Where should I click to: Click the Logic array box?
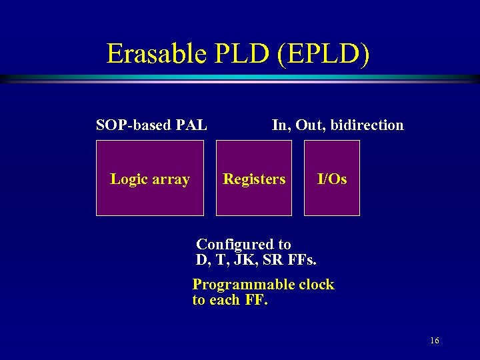click(150, 179)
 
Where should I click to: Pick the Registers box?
click(254, 179)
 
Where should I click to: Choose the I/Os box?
click(332, 179)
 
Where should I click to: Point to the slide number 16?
click(434, 341)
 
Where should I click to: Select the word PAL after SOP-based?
click(191, 125)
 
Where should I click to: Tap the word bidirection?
click(371, 125)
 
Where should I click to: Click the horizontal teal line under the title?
click(240, 79)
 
